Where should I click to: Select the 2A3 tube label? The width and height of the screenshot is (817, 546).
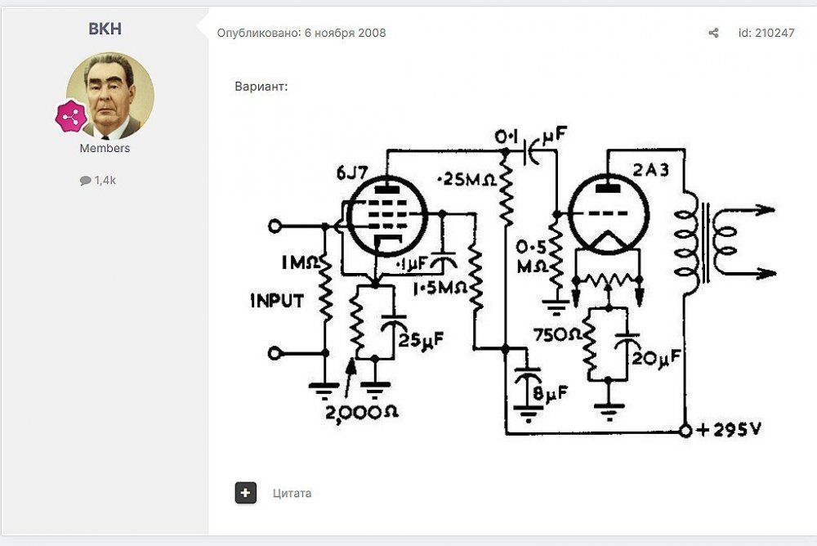click(650, 170)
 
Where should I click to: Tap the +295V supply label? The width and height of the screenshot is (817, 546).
click(727, 429)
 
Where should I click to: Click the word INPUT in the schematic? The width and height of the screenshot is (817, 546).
click(276, 300)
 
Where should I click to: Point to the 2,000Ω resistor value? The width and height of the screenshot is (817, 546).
click(362, 413)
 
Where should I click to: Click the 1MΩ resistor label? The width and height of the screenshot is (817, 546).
click(298, 264)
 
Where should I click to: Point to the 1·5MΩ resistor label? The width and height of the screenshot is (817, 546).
click(440, 289)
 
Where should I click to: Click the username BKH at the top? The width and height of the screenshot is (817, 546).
click(105, 29)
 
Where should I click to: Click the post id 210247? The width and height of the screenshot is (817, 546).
click(766, 33)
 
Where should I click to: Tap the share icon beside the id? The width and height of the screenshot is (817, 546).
click(713, 33)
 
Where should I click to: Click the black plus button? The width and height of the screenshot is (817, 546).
click(245, 493)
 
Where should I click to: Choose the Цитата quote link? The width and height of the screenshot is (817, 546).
click(292, 493)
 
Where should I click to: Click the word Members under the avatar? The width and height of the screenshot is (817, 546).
click(105, 149)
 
